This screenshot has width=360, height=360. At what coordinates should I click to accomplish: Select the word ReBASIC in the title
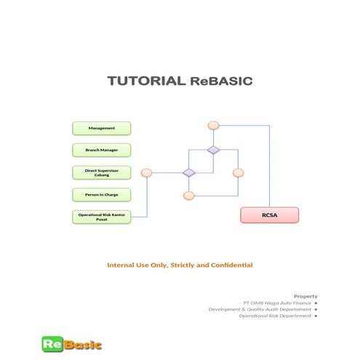[x=221, y=81]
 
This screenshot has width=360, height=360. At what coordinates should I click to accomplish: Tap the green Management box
[x=102, y=128]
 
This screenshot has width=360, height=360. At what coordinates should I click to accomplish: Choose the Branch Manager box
[x=102, y=150]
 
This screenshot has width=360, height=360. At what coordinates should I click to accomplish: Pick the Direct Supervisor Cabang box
[x=102, y=172]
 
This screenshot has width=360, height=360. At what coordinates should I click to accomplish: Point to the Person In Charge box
[x=102, y=194]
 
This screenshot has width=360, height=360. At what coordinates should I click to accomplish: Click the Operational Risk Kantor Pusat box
[x=102, y=217]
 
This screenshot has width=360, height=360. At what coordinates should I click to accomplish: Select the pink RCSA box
[x=270, y=215]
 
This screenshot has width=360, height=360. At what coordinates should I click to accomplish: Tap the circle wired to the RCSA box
[x=213, y=125]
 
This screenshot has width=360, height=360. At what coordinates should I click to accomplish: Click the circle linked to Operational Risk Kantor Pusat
[x=146, y=173]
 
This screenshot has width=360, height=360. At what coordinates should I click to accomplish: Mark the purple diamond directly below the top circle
[x=213, y=150]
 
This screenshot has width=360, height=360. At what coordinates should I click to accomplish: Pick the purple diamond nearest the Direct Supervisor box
[x=189, y=172]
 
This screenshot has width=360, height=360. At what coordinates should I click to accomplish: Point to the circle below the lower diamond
[x=189, y=196]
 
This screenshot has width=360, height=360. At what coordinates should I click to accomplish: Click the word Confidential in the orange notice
[x=229, y=265]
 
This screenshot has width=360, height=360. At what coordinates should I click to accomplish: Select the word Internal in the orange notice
[x=121, y=265]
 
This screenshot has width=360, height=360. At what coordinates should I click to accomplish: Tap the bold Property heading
[x=305, y=296]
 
